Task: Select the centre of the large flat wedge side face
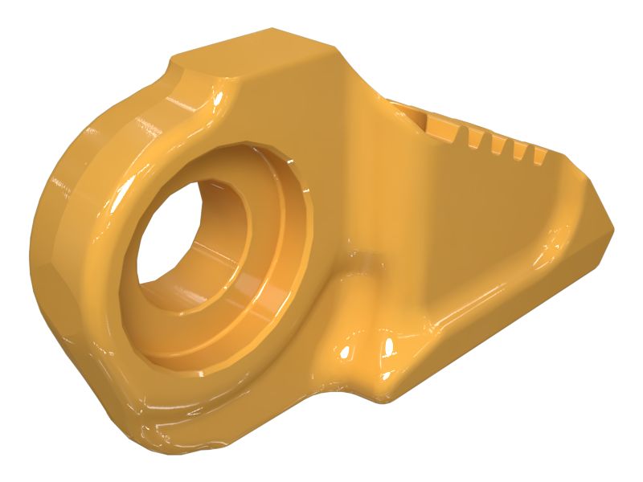coord(466,217)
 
